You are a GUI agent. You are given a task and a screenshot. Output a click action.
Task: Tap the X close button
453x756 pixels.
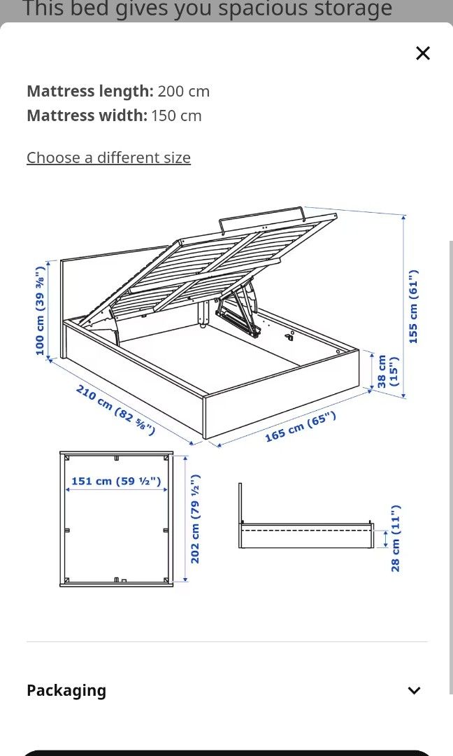(x=423, y=53)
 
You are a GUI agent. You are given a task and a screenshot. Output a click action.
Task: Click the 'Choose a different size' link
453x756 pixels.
(x=108, y=157)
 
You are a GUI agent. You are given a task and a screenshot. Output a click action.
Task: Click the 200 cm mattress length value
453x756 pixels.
(x=183, y=91)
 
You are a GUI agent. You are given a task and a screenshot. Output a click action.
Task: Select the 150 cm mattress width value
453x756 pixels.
(x=176, y=115)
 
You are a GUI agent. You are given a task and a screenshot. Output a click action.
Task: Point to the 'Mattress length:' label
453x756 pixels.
(x=89, y=91)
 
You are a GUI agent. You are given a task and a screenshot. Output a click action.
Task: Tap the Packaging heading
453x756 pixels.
(x=66, y=690)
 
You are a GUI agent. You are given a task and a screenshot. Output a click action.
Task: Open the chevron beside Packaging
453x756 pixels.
(x=414, y=691)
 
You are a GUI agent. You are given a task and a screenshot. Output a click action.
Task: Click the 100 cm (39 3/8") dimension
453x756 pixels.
(x=40, y=309)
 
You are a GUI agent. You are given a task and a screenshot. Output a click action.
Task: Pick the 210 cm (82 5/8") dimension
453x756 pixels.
(x=115, y=409)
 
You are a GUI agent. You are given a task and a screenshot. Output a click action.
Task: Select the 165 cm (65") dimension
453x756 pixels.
(x=300, y=426)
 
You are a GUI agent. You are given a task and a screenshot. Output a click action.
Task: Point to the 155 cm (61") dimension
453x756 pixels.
(x=413, y=306)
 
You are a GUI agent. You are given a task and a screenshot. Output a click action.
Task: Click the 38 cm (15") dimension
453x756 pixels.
(x=387, y=372)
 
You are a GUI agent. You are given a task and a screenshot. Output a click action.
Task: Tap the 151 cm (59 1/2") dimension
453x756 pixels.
(x=116, y=481)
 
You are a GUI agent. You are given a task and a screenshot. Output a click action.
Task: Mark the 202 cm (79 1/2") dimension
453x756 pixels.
(x=196, y=519)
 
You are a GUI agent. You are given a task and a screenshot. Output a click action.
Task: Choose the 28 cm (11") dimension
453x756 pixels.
(x=396, y=538)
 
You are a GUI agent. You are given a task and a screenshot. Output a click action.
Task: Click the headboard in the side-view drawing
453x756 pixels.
(x=240, y=503)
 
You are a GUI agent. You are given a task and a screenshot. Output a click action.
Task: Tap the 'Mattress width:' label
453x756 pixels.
(x=87, y=115)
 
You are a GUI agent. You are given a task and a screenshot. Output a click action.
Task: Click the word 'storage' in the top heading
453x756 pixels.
(x=350, y=9)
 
